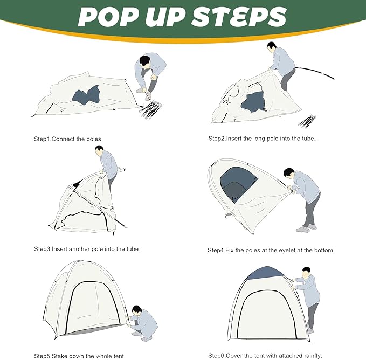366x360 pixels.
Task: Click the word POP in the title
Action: (108, 17)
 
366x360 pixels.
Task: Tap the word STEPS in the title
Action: (239, 17)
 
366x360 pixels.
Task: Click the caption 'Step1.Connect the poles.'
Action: (68, 139)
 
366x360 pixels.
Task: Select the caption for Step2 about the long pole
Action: (262, 139)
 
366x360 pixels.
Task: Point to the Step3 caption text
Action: (87, 249)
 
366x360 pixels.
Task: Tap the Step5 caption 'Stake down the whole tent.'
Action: (80, 356)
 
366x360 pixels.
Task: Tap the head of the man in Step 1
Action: (145, 62)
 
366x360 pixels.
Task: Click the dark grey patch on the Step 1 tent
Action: (86, 95)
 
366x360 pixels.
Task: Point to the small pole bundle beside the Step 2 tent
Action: (307, 121)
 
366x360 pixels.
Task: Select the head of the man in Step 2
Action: (271, 47)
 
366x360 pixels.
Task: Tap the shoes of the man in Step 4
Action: (306, 228)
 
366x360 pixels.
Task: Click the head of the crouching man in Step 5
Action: (137, 310)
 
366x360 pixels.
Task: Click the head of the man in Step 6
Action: (306, 272)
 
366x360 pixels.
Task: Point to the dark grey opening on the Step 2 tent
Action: (254, 102)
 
